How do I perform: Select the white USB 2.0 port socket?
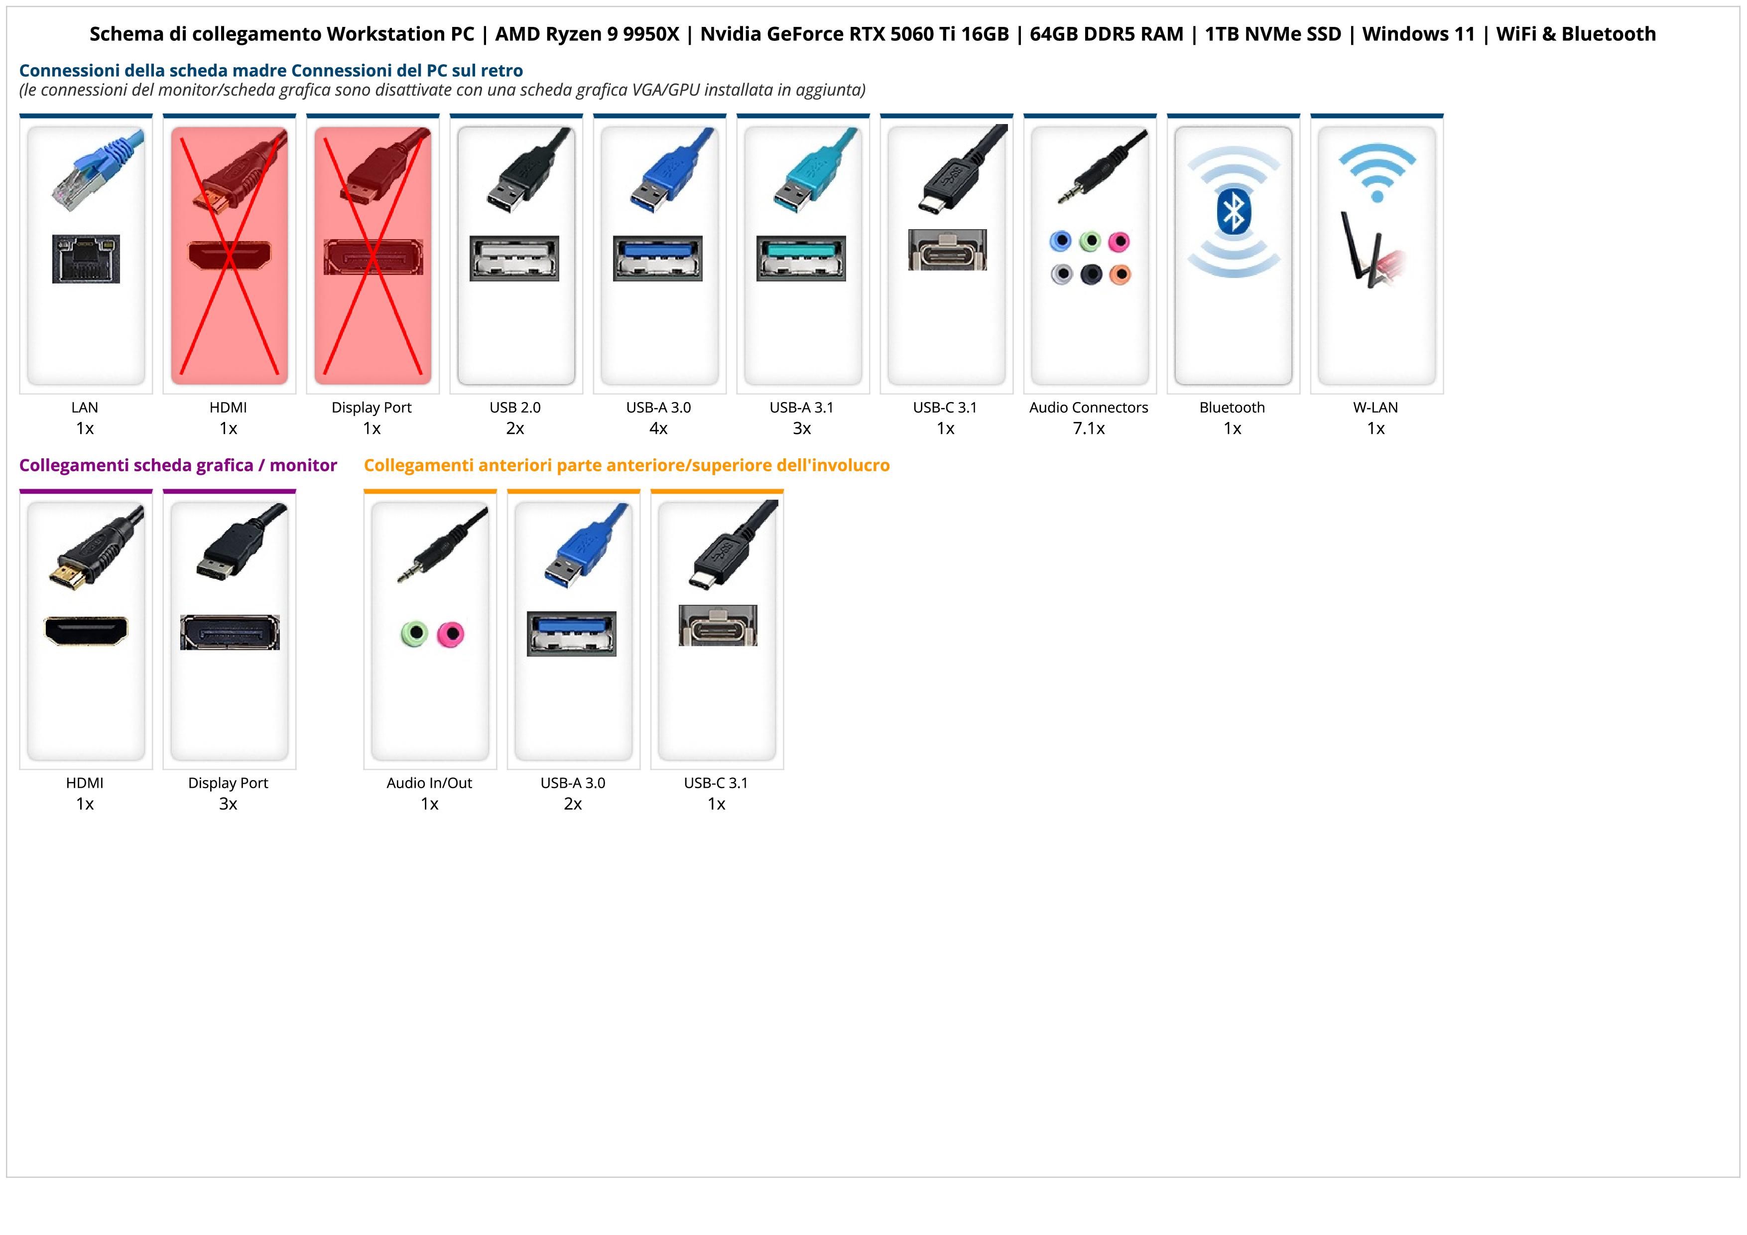coord(514,258)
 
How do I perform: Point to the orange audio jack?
coord(1120,274)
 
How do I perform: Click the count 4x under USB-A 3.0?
coord(658,428)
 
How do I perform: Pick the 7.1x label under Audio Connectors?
coord(1088,428)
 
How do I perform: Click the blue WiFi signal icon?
coord(1376,172)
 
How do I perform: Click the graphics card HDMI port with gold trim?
coord(86,630)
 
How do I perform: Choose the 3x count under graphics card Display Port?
coord(228,804)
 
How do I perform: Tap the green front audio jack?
coord(414,633)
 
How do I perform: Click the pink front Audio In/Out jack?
coord(451,633)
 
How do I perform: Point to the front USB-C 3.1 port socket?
coord(718,626)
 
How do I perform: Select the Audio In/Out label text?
coord(429,783)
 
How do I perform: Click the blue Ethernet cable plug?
coord(95,167)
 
